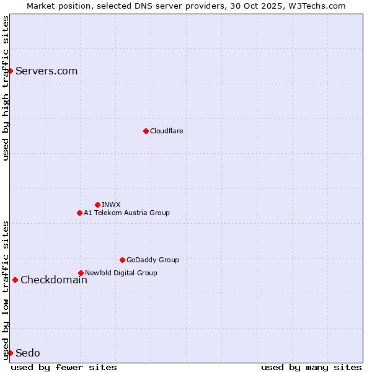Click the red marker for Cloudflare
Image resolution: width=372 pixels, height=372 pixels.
pyautogui.click(x=146, y=131)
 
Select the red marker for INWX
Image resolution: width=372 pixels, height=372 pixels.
pyautogui.click(x=97, y=205)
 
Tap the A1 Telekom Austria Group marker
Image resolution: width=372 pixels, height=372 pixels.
pyautogui.click(x=79, y=213)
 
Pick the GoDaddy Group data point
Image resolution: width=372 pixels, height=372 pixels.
pyautogui.click(x=122, y=260)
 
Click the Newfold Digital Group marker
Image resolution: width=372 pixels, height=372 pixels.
pyautogui.click(x=81, y=273)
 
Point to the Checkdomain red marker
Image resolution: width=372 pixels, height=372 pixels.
pyautogui.click(x=15, y=280)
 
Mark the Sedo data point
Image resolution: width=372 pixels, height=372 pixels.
pyautogui.click(x=10, y=353)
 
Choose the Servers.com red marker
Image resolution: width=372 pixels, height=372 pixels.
pyautogui.click(x=10, y=71)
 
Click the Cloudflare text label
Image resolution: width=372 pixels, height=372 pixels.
pyautogui.click(x=166, y=131)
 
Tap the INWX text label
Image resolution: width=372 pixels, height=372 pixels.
pyautogui.click(x=111, y=205)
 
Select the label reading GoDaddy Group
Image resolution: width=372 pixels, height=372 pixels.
pyautogui.click(x=153, y=260)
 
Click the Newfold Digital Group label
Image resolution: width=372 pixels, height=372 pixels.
pyautogui.click(x=121, y=273)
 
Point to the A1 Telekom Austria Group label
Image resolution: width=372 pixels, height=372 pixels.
pyautogui.click(x=126, y=213)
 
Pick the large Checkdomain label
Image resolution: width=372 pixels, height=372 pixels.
pyautogui.click(x=54, y=280)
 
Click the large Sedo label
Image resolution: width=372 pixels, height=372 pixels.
pyautogui.click(x=28, y=353)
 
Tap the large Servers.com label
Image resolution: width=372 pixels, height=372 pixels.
pyautogui.click(x=46, y=71)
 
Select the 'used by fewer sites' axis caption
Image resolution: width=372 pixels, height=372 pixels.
pyautogui.click(x=64, y=367)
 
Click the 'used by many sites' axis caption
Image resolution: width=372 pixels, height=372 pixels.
pyautogui.click(x=311, y=367)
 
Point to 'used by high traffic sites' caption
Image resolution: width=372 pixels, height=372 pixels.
pyautogui.click(x=6, y=88)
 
